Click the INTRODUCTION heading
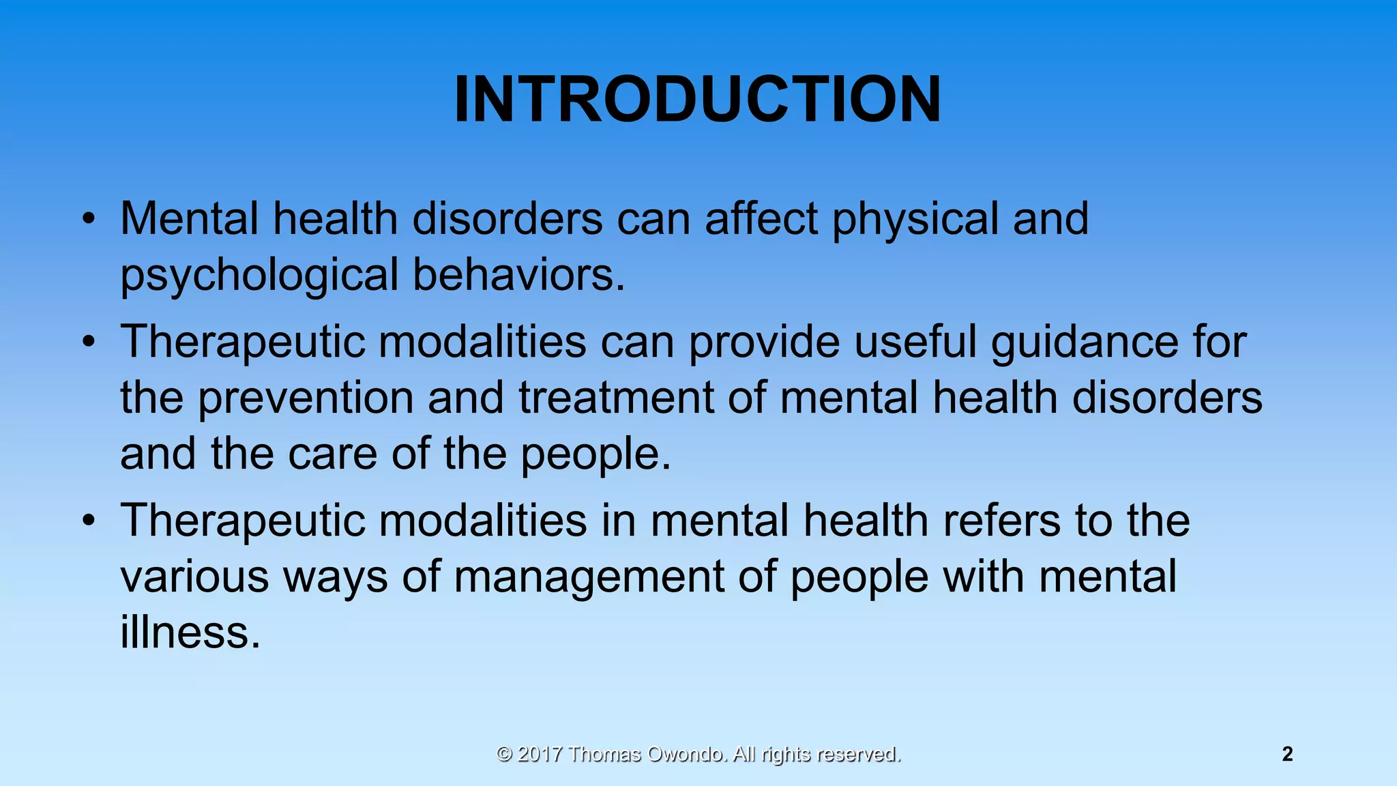coord(697,100)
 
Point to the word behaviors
coord(518,274)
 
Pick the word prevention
coord(306,398)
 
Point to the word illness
coord(190,632)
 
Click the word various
coord(194,577)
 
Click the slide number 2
coord(1287,754)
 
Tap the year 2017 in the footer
coord(540,754)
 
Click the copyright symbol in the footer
coord(504,754)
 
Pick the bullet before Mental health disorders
coord(88,220)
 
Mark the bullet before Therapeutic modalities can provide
coord(88,342)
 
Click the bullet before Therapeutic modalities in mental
coord(88,521)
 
